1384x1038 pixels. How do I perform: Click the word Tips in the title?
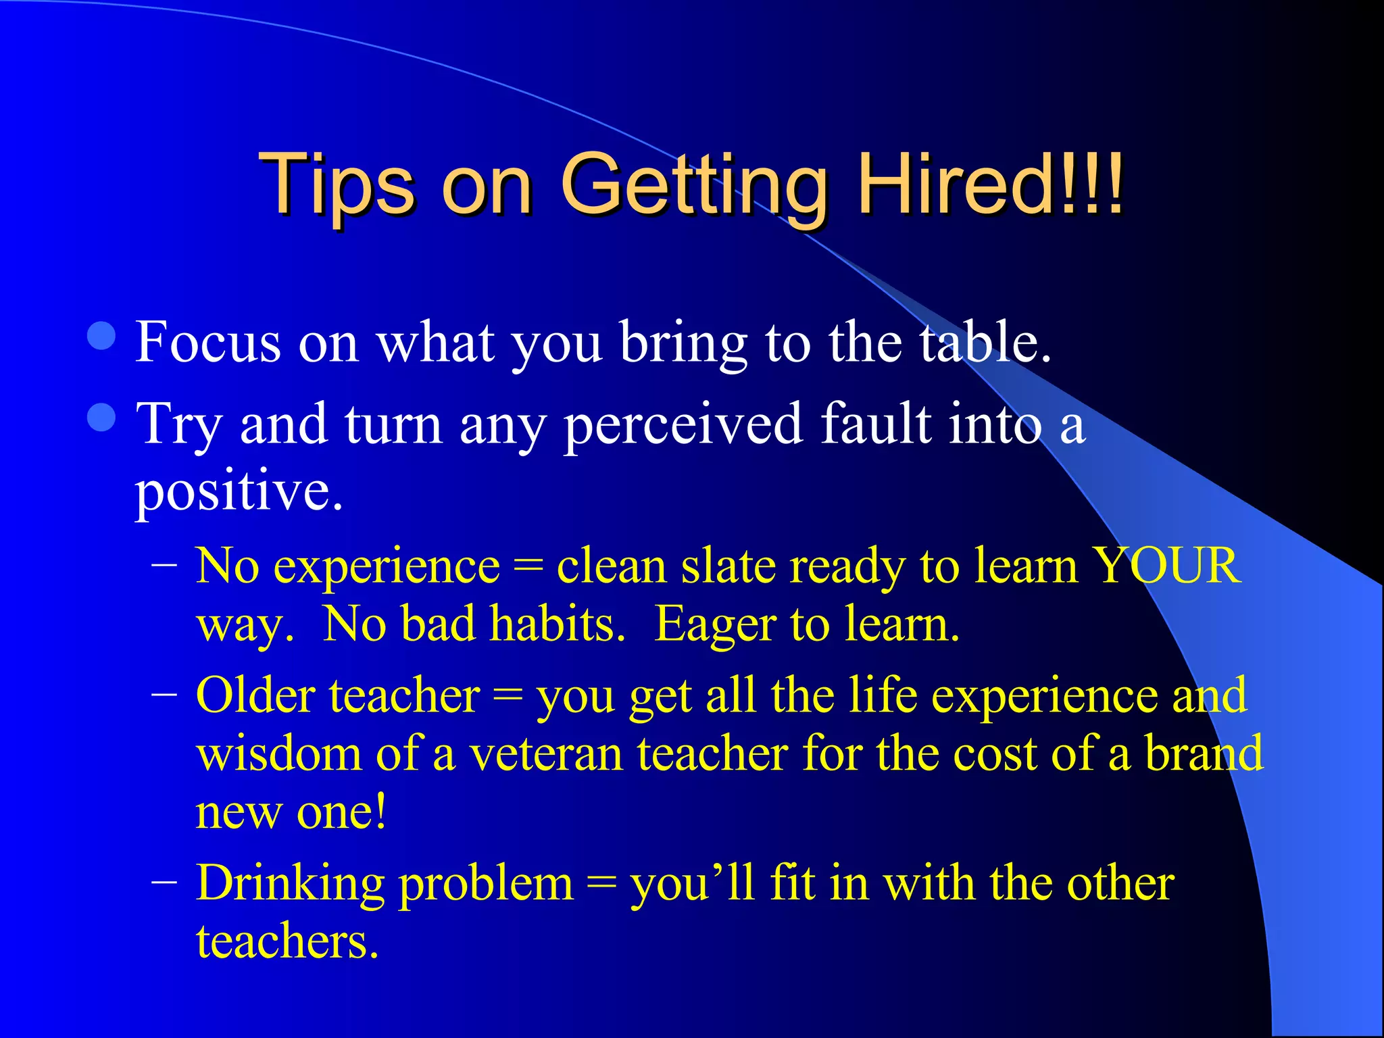[x=336, y=184]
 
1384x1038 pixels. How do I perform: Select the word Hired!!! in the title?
[x=990, y=184]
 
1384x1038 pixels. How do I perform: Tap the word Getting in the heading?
[x=694, y=184]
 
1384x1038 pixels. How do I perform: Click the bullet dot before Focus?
[x=101, y=336]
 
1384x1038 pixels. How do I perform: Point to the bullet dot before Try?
[x=101, y=417]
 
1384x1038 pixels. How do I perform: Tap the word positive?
[x=239, y=490]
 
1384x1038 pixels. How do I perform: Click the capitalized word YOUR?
[x=1167, y=565]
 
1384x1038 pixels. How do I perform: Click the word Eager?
[x=715, y=623]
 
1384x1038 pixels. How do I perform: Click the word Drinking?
[x=291, y=883]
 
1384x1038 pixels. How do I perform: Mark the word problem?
[x=486, y=884]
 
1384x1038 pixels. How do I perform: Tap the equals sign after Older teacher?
[x=508, y=696]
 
